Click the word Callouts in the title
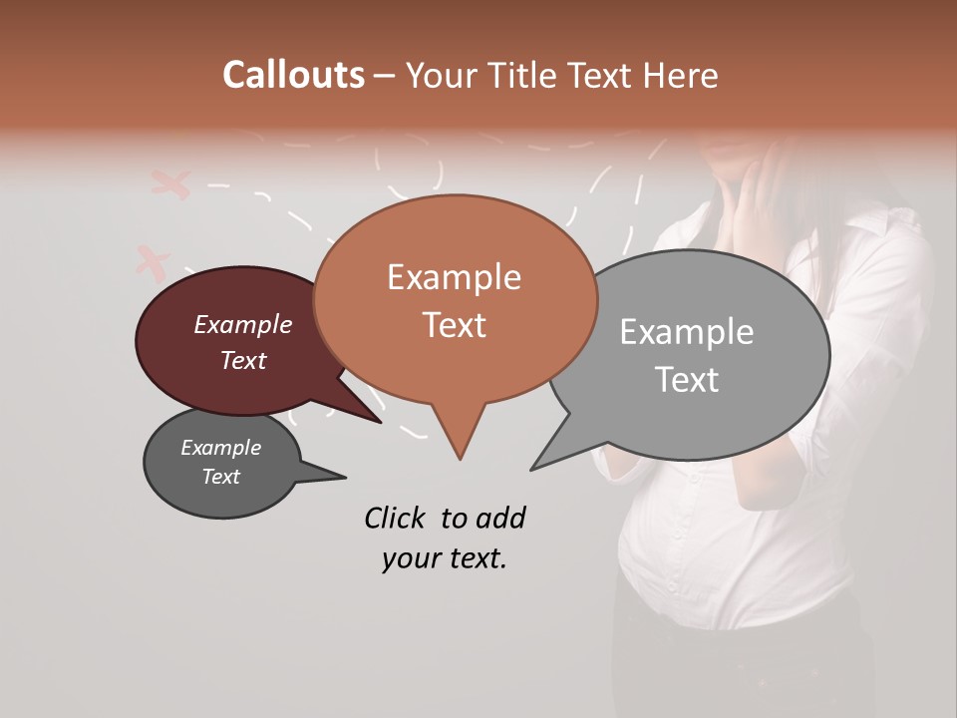point(293,75)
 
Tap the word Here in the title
point(680,75)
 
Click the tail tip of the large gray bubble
point(534,468)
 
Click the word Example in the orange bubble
point(454,277)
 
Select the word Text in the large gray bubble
point(687,380)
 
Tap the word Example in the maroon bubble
point(243,325)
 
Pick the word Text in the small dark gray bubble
point(221,477)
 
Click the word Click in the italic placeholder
point(395,518)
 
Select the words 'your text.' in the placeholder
point(445,558)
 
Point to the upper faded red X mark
point(170,182)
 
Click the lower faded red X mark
point(152,261)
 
